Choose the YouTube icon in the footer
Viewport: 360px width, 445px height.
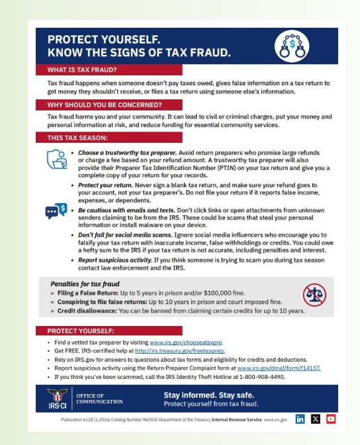pyautogui.click(x=331, y=419)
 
